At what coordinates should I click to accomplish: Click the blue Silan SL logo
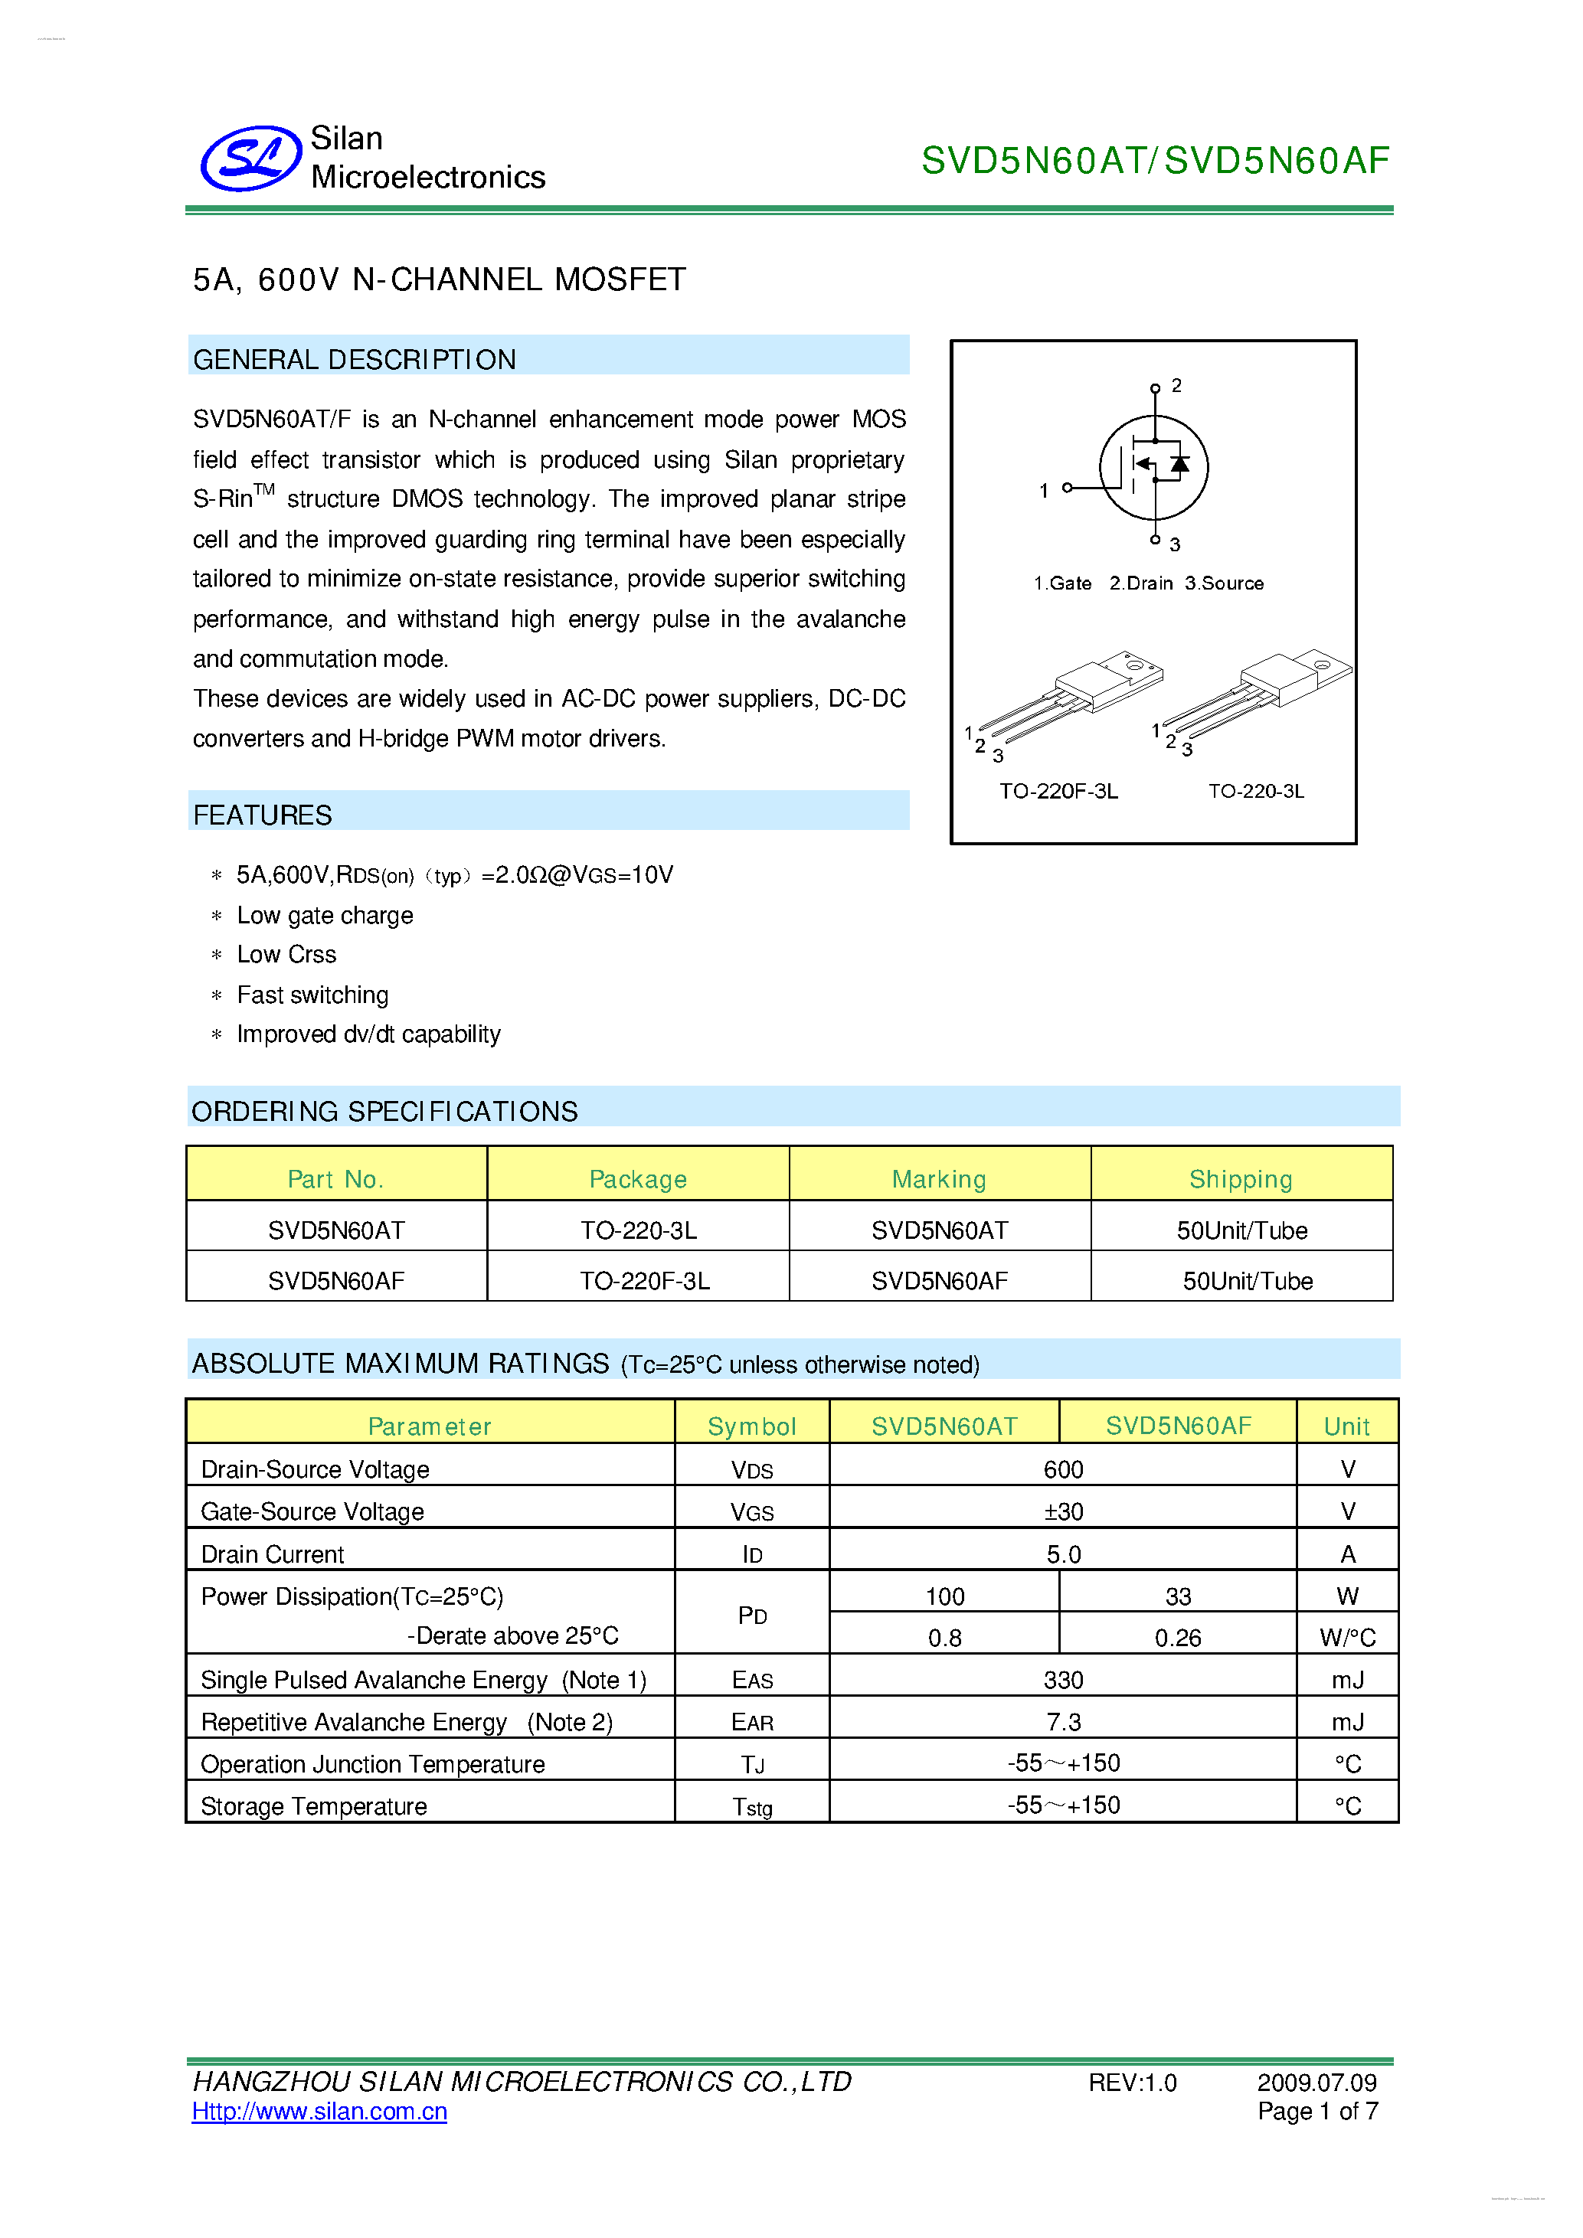point(250,158)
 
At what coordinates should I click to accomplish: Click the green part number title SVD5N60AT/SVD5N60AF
point(1154,161)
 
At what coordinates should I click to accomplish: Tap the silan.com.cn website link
point(319,2111)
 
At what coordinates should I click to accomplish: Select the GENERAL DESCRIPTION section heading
point(354,360)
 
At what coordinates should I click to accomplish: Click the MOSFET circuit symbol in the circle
point(1153,468)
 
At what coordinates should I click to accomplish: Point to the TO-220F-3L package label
point(1058,790)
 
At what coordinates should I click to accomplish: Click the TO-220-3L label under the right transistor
point(1255,790)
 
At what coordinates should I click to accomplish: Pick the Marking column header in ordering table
point(939,1179)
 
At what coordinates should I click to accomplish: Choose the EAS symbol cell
point(751,1680)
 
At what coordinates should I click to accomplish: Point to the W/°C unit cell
point(1347,1638)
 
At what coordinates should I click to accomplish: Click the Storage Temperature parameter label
point(314,1806)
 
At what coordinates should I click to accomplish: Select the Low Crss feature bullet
point(286,954)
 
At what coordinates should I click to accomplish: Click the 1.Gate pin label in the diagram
point(1061,583)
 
